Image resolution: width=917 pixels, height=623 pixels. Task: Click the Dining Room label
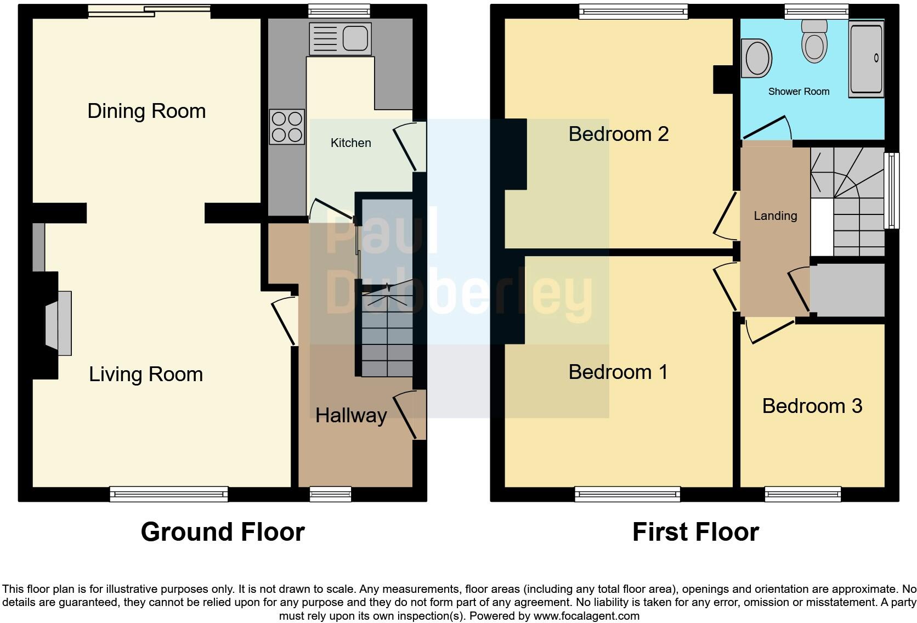point(146,111)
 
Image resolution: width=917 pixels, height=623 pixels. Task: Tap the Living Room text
point(146,375)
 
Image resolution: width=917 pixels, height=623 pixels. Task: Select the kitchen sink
point(340,38)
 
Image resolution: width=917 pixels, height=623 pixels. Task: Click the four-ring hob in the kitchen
point(287,127)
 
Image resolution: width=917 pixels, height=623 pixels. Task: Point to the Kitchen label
point(350,143)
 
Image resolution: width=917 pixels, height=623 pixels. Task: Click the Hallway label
point(351,416)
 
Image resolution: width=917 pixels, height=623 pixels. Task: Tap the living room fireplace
point(58,324)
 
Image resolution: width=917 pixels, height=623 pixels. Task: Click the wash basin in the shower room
point(756,58)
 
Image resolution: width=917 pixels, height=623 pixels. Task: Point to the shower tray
point(866,59)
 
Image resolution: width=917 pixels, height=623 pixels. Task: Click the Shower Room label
point(799,92)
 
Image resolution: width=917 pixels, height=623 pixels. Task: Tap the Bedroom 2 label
point(619,134)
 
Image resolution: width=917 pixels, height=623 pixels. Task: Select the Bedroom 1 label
point(618,372)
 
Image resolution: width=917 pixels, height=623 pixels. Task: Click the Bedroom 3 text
point(812,406)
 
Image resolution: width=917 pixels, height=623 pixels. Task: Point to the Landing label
point(775,216)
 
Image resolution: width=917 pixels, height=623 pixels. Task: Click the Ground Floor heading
point(223,532)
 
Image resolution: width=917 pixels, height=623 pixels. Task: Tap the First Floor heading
point(695,532)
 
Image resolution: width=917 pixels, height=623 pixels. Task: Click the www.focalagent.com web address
point(586,616)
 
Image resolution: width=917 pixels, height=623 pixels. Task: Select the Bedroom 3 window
point(803,495)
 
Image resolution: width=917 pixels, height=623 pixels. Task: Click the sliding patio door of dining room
point(149,11)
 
